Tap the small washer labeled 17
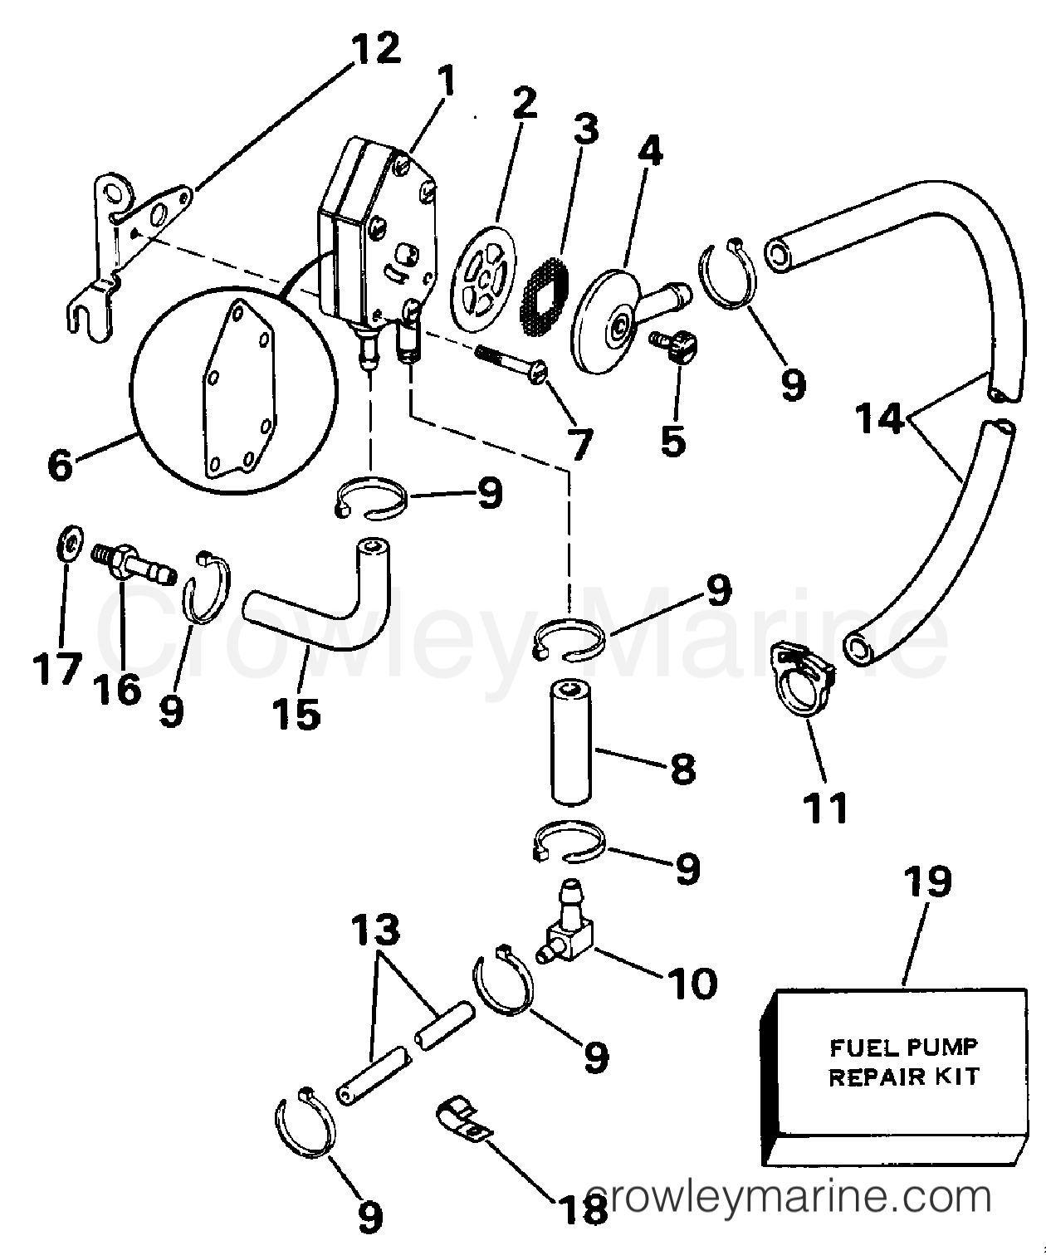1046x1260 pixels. pos(71,544)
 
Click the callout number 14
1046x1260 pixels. pos(880,420)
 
